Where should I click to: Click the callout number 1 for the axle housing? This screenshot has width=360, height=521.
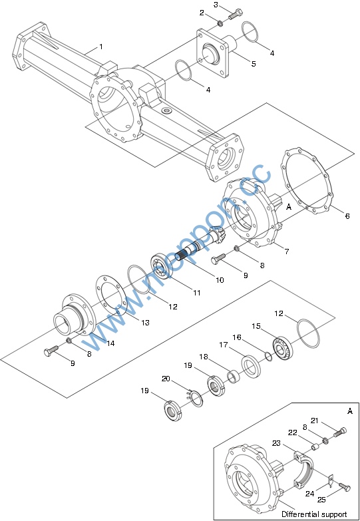coord(101,47)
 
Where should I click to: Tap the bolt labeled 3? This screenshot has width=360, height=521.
coord(236,15)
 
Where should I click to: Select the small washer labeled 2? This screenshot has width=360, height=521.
coord(220,23)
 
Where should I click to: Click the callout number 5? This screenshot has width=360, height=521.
coord(254,63)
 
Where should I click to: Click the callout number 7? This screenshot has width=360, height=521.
coord(287,252)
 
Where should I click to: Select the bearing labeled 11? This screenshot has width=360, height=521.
coord(162,265)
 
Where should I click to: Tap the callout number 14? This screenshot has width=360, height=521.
coord(110,343)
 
